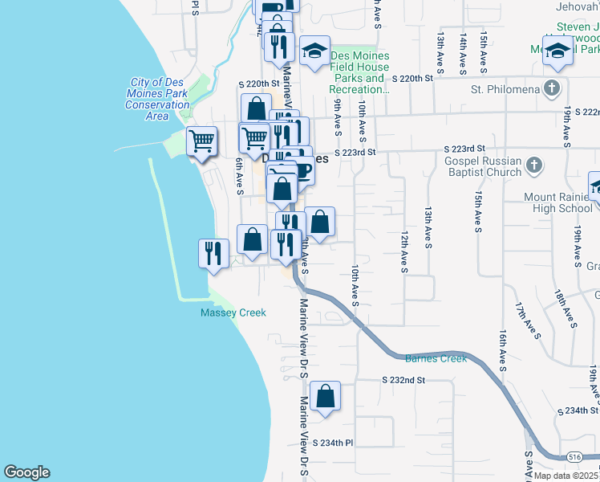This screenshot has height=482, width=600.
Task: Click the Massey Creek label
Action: [233, 312]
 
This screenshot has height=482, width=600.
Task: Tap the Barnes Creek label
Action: [436, 358]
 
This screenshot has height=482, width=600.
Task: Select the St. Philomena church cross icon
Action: [552, 88]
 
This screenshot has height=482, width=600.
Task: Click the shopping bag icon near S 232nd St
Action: [325, 397]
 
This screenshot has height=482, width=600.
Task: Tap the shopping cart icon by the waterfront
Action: [201, 141]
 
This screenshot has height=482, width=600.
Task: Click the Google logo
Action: [26, 472]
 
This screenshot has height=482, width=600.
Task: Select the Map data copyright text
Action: [566, 476]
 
